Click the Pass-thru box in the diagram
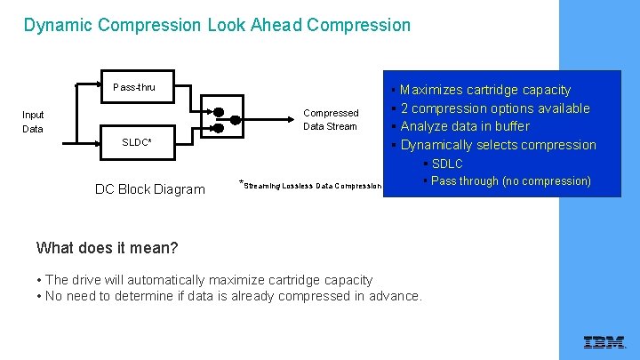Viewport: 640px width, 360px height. click(x=133, y=87)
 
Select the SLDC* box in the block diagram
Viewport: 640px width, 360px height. click(x=136, y=142)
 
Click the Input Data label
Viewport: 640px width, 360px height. click(x=33, y=122)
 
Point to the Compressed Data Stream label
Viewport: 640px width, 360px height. click(x=331, y=120)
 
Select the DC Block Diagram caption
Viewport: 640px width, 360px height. click(x=149, y=188)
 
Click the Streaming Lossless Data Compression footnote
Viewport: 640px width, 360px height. click(x=311, y=186)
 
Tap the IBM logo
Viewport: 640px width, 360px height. click(x=604, y=342)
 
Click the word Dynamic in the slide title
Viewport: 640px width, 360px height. click(x=59, y=25)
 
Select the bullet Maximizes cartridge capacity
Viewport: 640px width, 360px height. click(x=485, y=90)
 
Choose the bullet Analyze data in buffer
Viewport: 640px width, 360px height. click(x=465, y=126)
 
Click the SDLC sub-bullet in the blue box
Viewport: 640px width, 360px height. click(x=446, y=164)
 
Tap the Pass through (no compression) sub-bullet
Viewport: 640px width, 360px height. click(x=510, y=181)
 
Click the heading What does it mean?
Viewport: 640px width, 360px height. click(x=108, y=248)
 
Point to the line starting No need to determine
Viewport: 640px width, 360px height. click(x=234, y=296)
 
